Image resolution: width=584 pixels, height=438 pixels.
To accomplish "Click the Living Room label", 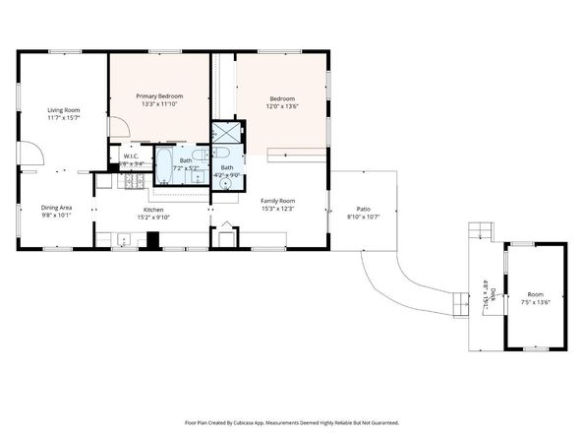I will point(64,110).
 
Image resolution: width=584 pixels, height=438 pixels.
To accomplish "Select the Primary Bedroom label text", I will point(159,94).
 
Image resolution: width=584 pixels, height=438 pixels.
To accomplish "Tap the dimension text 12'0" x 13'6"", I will point(283,107).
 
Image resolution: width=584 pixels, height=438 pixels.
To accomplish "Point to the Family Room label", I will point(278,200).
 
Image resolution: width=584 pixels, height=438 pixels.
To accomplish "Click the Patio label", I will point(362,209).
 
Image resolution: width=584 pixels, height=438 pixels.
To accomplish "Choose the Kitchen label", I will point(153,210).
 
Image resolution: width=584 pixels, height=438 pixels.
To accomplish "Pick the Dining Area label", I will point(56,208).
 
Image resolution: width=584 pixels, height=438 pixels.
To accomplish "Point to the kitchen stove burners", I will point(132,182).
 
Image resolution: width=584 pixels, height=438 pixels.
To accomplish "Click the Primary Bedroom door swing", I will point(117,127).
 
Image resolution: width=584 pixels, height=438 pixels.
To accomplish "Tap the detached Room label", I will point(535,294).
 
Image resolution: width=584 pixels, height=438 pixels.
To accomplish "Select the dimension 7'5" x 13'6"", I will point(535,303).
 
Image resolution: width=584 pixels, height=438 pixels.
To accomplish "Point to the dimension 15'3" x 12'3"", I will point(278,209).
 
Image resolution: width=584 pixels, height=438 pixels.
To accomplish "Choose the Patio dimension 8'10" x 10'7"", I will point(362,218).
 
